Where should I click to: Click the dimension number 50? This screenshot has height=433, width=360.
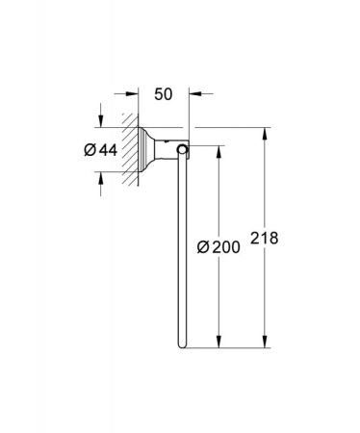pyautogui.click(x=164, y=94)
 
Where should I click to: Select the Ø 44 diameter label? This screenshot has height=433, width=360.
pyautogui.click(x=101, y=150)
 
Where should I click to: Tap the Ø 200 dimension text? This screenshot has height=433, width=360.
pyautogui.click(x=219, y=247)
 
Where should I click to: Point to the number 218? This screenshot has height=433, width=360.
pyautogui.click(x=264, y=238)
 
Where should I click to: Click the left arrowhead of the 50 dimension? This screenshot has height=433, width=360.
pyautogui.click(x=132, y=93)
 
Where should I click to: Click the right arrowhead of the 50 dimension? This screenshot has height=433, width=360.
pyautogui.click(x=195, y=93)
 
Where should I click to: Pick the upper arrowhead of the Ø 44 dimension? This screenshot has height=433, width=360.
pyautogui.click(x=101, y=121)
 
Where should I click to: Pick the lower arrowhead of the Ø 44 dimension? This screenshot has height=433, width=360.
pyautogui.click(x=101, y=178)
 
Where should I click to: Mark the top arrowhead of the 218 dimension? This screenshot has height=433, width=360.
pyautogui.click(x=265, y=134)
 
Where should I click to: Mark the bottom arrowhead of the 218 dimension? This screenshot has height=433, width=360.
pyautogui.click(x=265, y=342)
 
